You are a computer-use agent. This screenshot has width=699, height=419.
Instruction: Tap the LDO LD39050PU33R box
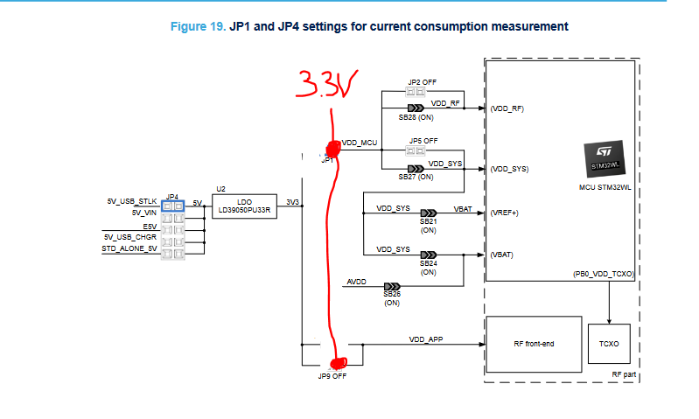point(244,206)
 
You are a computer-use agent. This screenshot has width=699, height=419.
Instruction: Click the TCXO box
point(609,344)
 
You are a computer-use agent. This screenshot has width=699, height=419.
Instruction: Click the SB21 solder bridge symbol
point(429,213)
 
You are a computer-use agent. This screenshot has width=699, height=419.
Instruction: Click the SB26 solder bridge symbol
point(391,286)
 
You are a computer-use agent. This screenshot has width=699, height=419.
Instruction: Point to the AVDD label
point(357,282)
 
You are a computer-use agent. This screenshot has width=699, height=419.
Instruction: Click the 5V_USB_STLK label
point(131,201)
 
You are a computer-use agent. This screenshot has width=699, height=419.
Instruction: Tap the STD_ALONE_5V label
point(129,248)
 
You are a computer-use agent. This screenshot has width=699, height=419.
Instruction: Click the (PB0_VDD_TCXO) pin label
point(598,274)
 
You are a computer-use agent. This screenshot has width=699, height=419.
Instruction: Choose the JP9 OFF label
point(332,377)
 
